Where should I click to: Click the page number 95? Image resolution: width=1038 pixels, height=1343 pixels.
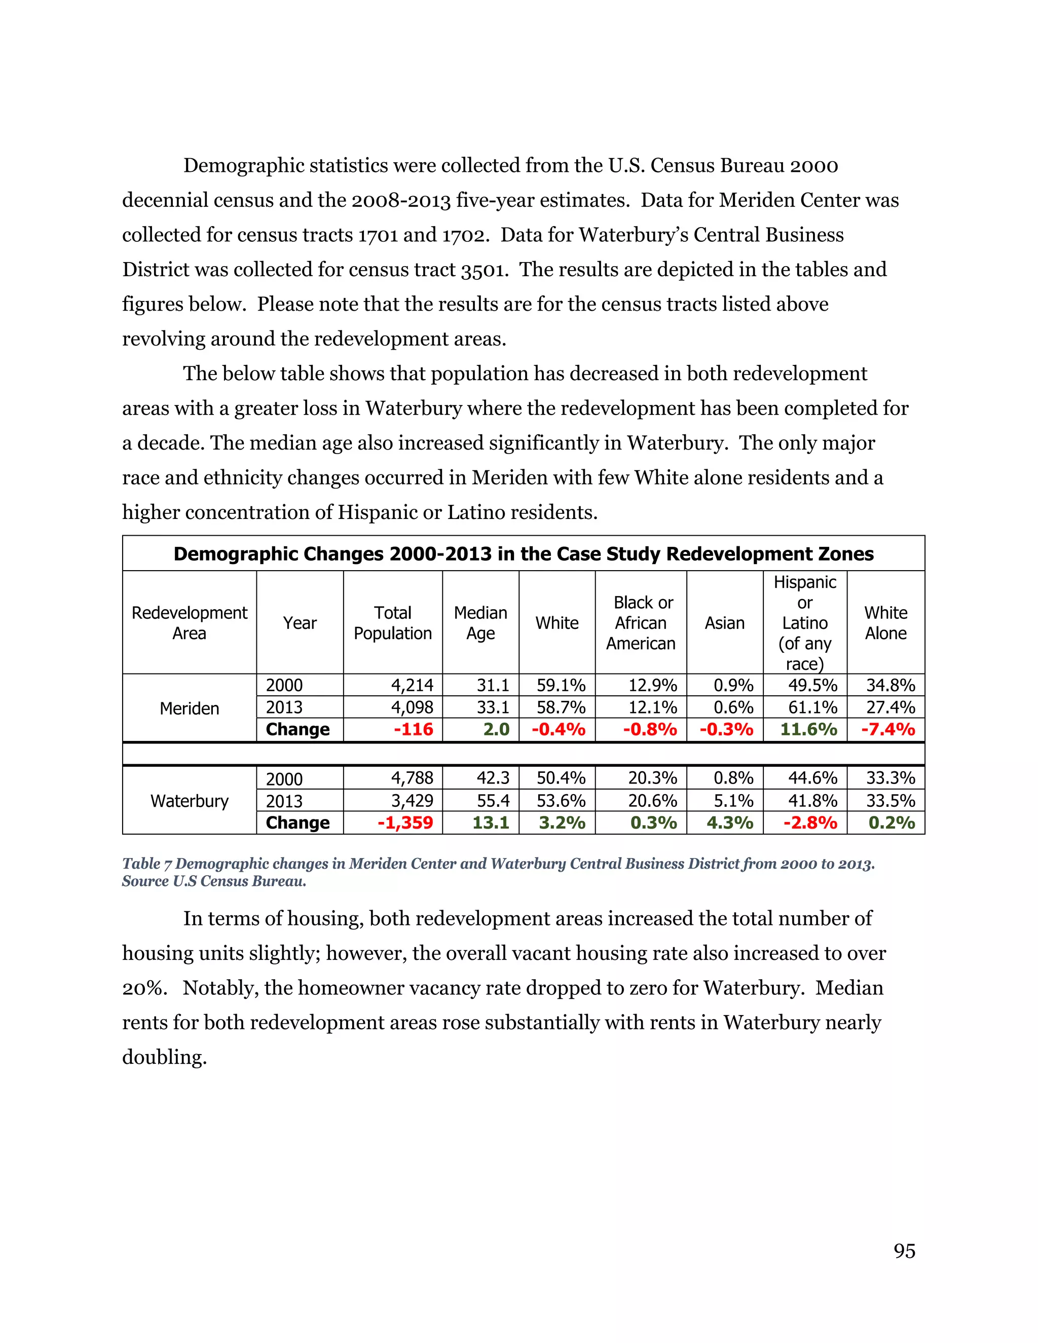[x=904, y=1251]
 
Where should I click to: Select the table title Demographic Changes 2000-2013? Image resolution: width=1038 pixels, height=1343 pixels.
[x=523, y=554]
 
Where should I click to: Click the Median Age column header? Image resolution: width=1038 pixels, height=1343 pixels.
[x=480, y=623]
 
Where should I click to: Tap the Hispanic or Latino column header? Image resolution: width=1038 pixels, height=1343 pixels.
[x=804, y=623]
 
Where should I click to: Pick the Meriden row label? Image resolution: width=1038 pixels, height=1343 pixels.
[x=190, y=708]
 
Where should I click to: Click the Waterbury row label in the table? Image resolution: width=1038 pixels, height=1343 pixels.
[x=190, y=801]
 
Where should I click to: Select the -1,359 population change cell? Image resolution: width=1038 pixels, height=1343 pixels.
[x=405, y=823]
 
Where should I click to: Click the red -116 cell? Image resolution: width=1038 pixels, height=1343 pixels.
[x=414, y=730]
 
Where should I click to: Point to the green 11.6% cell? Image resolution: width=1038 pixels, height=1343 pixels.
[x=808, y=730]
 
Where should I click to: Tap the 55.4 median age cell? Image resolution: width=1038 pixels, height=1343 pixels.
[x=493, y=801]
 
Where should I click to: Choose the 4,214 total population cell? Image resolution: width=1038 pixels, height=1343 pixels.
[x=412, y=685]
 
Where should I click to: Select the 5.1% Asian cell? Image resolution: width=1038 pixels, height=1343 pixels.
[x=733, y=801]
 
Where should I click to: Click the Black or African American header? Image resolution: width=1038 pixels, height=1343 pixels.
[x=641, y=623]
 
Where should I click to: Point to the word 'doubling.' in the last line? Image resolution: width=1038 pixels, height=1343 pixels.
[x=164, y=1058]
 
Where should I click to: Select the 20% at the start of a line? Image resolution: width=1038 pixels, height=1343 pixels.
[x=143, y=988]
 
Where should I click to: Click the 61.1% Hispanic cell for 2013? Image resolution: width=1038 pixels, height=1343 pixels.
[x=812, y=707]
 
